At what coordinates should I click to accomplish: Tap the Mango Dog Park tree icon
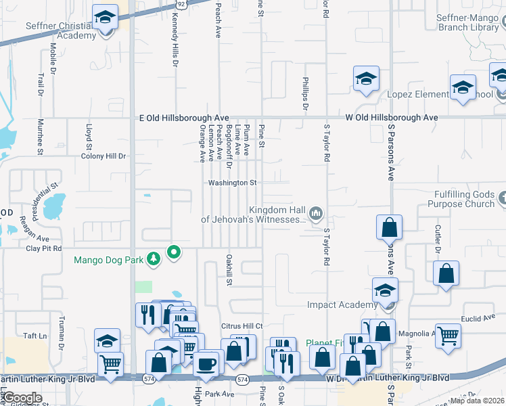pyautogui.click(x=154, y=258)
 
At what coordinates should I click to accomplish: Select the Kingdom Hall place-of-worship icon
pyautogui.click(x=315, y=215)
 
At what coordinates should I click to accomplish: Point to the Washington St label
pyautogui.click(x=232, y=183)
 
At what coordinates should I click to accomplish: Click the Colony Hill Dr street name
pyautogui.click(x=103, y=156)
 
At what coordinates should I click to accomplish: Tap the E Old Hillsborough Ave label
pyautogui.click(x=179, y=118)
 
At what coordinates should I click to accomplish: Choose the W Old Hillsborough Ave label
pyautogui.click(x=392, y=118)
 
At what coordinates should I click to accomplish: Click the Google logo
pyautogui.click(x=22, y=397)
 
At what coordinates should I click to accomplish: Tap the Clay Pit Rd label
pyautogui.click(x=43, y=249)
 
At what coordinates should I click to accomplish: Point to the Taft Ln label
pyautogui.click(x=34, y=336)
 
